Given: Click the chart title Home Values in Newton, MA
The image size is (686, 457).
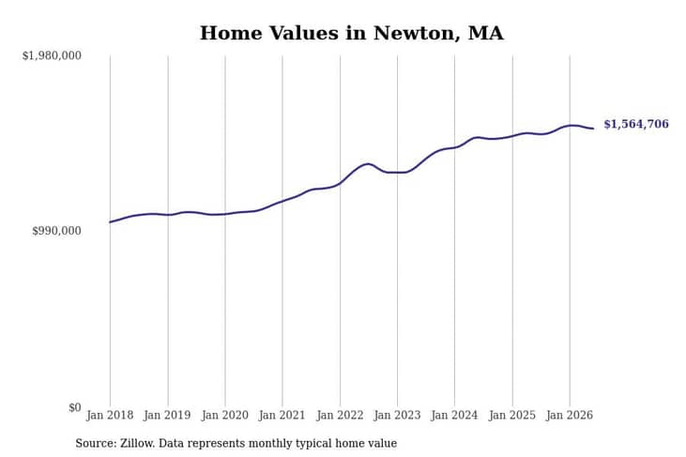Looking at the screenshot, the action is pyautogui.click(x=351, y=33).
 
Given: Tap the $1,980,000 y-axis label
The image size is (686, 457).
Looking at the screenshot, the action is pyautogui.click(x=52, y=55).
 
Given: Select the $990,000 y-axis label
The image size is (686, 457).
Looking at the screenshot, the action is pyautogui.click(x=57, y=231).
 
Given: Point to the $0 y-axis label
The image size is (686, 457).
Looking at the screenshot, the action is pyautogui.click(x=75, y=407).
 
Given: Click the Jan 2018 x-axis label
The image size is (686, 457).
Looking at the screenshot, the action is pyautogui.click(x=110, y=415).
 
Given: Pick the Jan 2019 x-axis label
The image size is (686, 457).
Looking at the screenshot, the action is pyautogui.click(x=168, y=415).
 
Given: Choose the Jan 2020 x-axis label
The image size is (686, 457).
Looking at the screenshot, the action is pyautogui.click(x=225, y=415).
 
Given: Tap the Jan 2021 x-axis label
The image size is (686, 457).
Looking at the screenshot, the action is pyautogui.click(x=282, y=415).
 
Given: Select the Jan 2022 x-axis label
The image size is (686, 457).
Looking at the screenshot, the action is pyautogui.click(x=340, y=415).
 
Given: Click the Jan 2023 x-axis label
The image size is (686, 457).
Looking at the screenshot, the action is pyautogui.click(x=397, y=415).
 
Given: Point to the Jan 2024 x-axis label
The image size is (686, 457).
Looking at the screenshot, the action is pyautogui.click(x=454, y=415).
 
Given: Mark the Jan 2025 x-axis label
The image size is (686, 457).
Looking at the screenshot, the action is pyautogui.click(x=512, y=415).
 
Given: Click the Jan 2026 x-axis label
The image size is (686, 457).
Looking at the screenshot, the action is pyautogui.click(x=570, y=415).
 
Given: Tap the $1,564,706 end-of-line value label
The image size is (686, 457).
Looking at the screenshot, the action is pyautogui.click(x=636, y=124).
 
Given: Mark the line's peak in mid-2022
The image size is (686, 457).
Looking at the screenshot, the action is pyautogui.click(x=368, y=164).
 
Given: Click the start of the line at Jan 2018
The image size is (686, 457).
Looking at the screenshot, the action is pyautogui.click(x=110, y=222).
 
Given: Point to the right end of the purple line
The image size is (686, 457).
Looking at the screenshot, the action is pyautogui.click(x=593, y=129).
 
